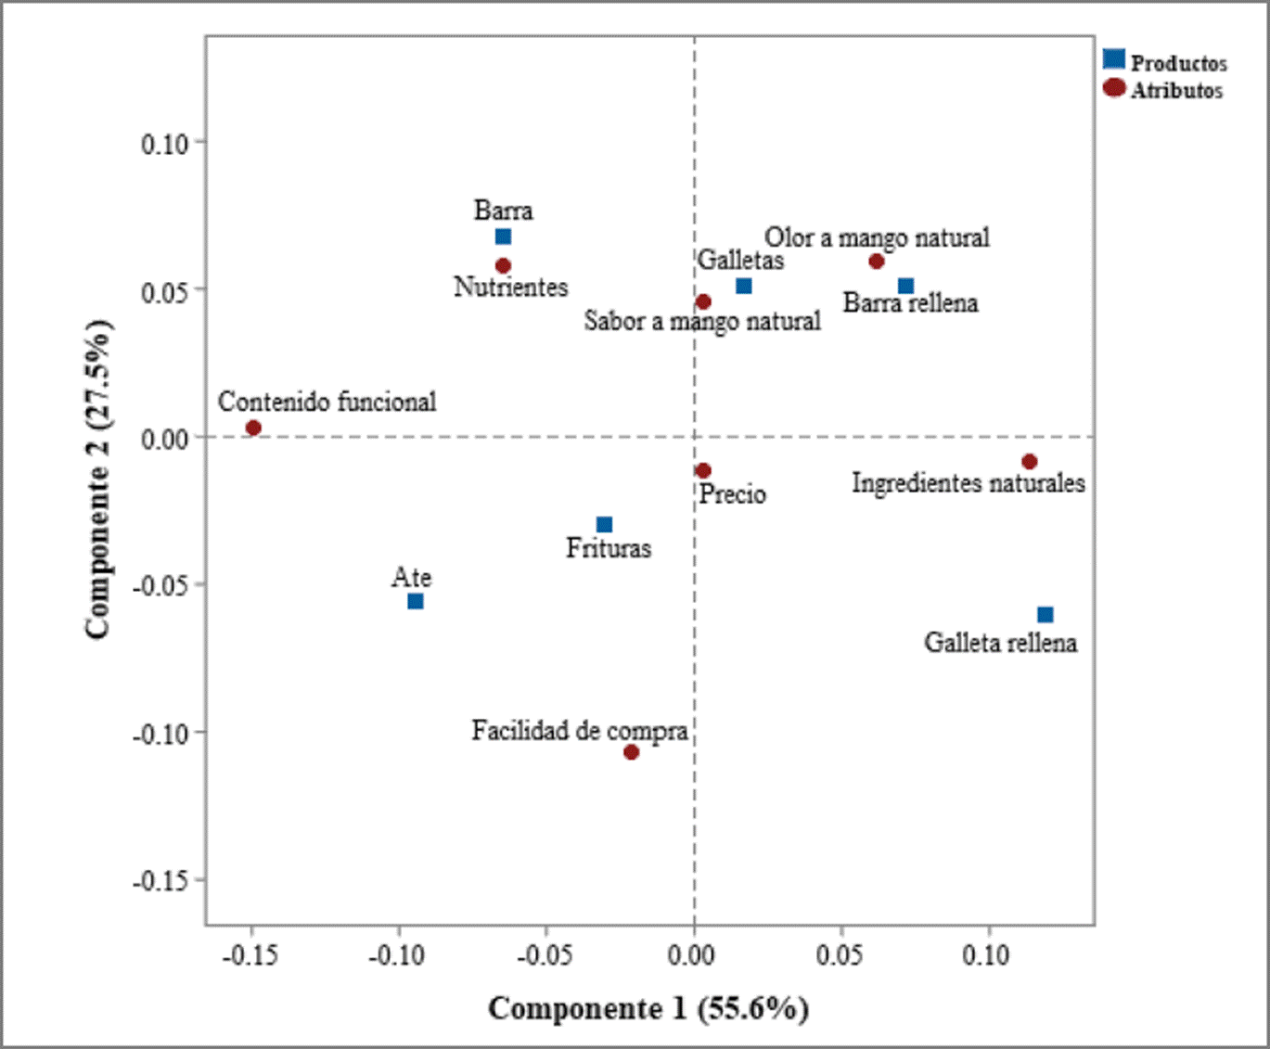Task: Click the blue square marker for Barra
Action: click(x=503, y=237)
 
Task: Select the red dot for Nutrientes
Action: click(x=503, y=266)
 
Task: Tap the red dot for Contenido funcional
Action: click(x=253, y=428)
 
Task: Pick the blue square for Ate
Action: click(x=416, y=601)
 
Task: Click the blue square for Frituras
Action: click(x=604, y=525)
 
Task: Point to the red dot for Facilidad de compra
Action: click(x=631, y=752)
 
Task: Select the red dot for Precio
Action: click(x=703, y=471)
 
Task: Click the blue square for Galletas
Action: click(x=743, y=286)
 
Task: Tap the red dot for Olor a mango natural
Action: click(x=876, y=262)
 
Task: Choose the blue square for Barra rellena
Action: click(x=905, y=286)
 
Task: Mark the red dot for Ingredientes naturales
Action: click(x=1029, y=462)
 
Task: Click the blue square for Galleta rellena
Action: click(x=1045, y=615)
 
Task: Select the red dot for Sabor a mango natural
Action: click(x=703, y=301)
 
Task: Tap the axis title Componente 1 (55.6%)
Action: click(x=648, y=1008)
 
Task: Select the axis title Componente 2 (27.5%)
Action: click(x=98, y=480)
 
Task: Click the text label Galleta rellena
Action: click(x=1000, y=643)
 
